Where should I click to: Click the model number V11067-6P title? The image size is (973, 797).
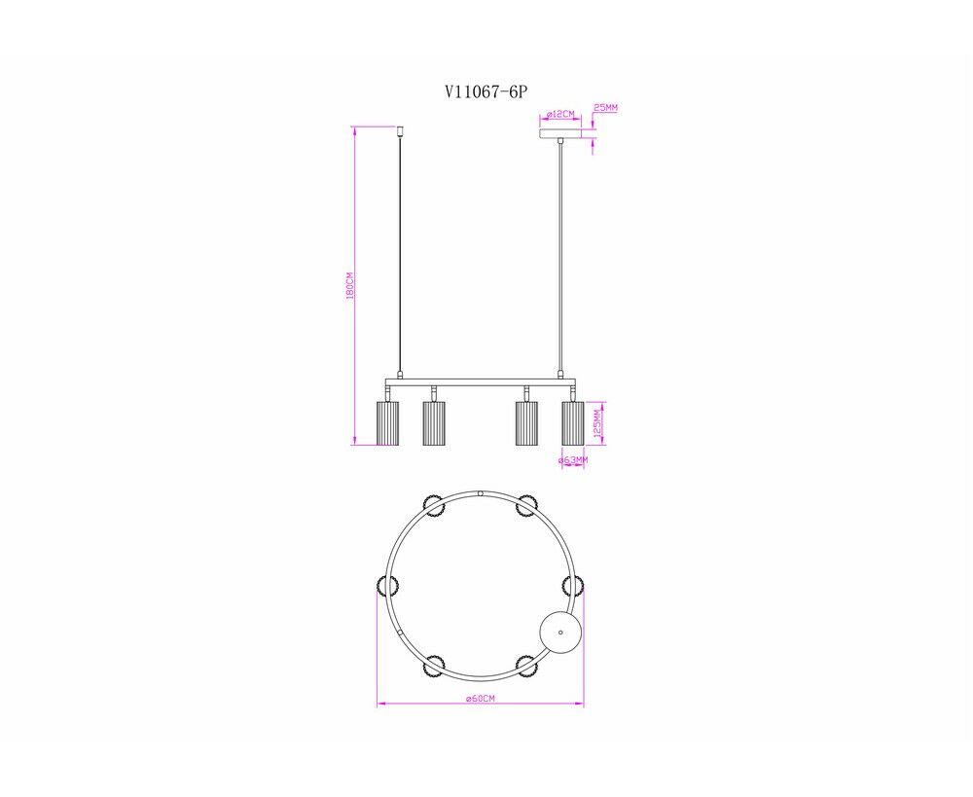coord(486,91)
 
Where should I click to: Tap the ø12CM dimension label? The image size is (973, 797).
coord(561,114)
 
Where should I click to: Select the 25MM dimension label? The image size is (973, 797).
coord(605,107)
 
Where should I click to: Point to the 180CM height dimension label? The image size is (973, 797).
coord(349,285)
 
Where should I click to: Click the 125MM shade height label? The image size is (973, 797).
coord(597,422)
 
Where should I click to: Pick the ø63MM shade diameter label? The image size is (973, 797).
coord(573,460)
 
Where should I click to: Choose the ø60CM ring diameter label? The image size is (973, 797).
coord(481,699)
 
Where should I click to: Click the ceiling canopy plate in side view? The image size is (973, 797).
coord(561,134)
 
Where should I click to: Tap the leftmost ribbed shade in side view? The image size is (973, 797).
coord(387,423)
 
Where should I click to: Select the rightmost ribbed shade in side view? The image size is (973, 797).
coord(573,423)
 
